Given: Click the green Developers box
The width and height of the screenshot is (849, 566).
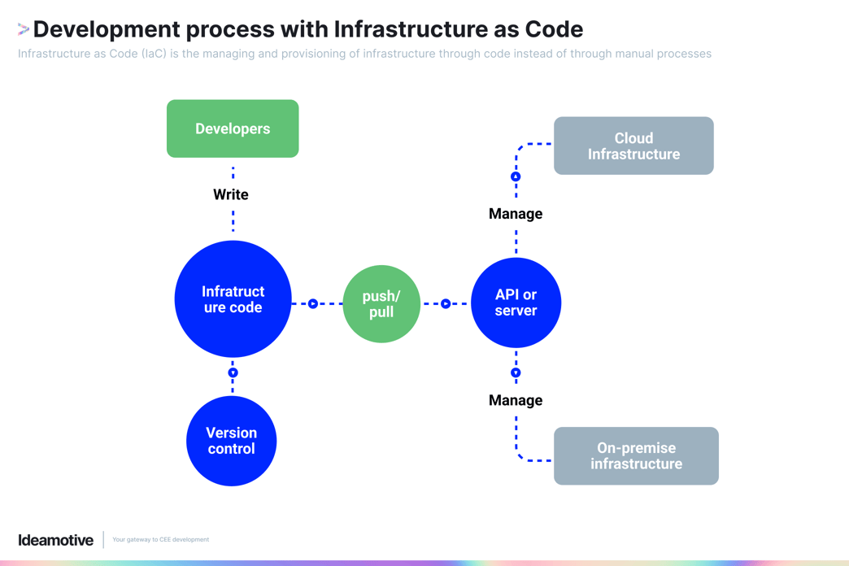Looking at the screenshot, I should pos(233,128).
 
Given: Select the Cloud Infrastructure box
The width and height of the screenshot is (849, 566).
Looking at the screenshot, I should pos(633,146).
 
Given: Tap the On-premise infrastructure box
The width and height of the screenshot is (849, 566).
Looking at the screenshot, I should pos(636,455).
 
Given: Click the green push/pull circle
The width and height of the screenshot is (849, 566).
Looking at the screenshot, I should pos(381,304).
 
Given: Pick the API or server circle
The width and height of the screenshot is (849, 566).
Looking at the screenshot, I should pos(516,303).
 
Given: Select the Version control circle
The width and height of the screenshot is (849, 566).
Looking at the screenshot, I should pos(231,441).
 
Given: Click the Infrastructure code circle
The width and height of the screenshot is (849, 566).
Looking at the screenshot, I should pos(233,299).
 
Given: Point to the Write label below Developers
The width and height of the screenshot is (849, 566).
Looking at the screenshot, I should pos(231,194).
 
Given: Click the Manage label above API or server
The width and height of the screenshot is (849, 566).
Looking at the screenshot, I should pos(516,214).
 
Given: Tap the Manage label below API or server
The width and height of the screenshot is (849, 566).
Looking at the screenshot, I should pos(516,400).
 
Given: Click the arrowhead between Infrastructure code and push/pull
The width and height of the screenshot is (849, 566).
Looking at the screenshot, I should pos(313,303).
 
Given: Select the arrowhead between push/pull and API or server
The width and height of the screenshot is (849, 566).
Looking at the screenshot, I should pos(446,303).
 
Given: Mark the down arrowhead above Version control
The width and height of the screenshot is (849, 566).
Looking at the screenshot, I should pos(233,372).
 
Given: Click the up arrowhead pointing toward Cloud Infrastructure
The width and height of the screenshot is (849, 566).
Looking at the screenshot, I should pos(516,176).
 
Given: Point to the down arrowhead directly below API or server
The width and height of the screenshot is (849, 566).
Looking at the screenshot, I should pos(516,372).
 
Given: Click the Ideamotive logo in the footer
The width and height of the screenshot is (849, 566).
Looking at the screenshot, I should pos(56,540).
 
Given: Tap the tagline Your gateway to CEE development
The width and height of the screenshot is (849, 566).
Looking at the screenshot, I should pos(160,540).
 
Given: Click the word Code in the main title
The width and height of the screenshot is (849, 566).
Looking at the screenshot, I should pos(553,29).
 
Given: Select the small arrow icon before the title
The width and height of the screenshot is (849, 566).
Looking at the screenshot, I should pos(24,30).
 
